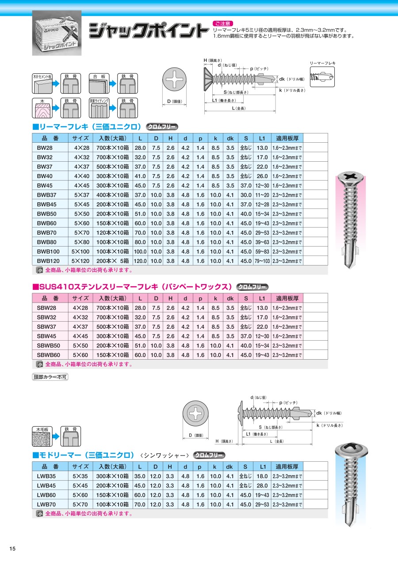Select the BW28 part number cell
(x=45, y=148)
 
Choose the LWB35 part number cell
(x=46, y=476)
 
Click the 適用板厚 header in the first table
(x=287, y=138)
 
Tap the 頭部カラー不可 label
(x=50, y=377)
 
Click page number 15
(x=12, y=549)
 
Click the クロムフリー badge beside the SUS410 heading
(x=253, y=287)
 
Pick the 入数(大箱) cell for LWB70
(x=113, y=504)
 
